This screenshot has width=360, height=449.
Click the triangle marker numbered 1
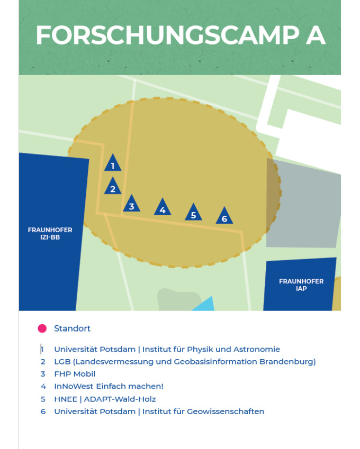[x=113, y=163]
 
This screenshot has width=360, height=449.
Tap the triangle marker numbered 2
[x=113, y=187]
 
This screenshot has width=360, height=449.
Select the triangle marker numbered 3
[x=132, y=204]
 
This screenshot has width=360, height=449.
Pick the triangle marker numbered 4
[x=163, y=208]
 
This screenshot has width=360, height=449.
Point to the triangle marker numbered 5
[x=193, y=213]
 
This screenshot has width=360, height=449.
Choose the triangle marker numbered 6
[x=224, y=216]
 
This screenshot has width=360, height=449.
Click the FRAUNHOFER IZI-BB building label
[x=50, y=233]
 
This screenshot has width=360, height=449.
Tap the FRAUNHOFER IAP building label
[x=301, y=285]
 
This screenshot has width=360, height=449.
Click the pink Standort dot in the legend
[x=42, y=328]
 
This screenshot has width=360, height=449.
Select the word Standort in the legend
[x=72, y=328]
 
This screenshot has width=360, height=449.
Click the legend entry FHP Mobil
[x=75, y=374]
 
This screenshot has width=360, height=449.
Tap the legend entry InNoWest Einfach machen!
[x=109, y=386]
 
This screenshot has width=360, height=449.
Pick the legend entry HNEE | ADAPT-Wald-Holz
[x=105, y=399]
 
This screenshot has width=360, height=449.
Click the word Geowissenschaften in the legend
[x=226, y=411]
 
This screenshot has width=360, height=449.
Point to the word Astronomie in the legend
[x=257, y=350]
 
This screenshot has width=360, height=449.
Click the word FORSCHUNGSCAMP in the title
[x=168, y=35]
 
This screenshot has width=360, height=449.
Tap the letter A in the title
[x=316, y=35]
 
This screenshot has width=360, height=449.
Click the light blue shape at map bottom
[x=204, y=304]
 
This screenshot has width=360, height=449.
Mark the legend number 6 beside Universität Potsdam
[x=43, y=411]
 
